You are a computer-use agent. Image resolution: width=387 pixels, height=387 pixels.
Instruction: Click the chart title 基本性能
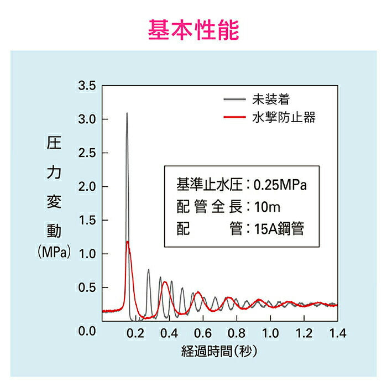coord(193,30)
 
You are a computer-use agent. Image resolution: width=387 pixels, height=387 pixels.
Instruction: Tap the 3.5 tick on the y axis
coord(87,86)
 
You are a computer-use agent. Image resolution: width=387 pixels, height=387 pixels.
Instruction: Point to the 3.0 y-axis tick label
coord(87,119)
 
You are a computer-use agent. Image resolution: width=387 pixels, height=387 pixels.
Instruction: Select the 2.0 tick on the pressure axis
coord(87,187)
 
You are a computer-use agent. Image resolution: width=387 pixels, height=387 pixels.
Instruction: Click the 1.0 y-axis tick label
coord(87,254)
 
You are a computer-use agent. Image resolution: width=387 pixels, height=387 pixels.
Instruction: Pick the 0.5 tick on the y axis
coord(87,288)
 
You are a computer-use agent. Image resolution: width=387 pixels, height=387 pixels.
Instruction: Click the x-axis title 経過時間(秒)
coord(219,351)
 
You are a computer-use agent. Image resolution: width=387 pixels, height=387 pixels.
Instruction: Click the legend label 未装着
coord(270,100)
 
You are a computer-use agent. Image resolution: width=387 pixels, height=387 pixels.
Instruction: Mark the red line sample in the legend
coord(234,117)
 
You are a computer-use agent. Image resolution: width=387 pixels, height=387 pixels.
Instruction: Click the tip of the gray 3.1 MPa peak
coord(127,113)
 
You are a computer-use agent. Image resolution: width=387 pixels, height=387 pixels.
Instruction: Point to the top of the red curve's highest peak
coord(128,242)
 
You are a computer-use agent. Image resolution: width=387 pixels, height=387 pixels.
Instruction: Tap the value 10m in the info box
coord(269,207)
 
